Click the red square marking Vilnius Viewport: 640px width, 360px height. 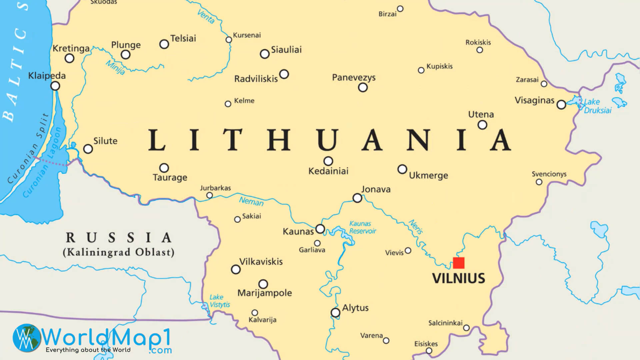(x=459, y=263)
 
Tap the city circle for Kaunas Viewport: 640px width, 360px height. (x=320, y=229)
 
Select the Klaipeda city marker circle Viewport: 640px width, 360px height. (x=55, y=86)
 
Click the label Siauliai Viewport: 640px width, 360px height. (x=286, y=50)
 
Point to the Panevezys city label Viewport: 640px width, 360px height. (x=354, y=77)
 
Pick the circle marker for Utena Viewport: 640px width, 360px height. (x=482, y=125)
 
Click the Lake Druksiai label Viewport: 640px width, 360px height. (x=597, y=106)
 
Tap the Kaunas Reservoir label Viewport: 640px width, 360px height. (x=362, y=227)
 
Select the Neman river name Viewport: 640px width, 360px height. (x=251, y=201)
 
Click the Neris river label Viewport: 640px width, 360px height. (x=416, y=227)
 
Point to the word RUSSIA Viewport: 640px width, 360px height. (x=119, y=238)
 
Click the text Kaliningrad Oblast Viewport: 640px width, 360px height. (x=119, y=252)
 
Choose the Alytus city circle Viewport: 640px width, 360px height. (x=335, y=313)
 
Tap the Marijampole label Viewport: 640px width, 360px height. (x=264, y=293)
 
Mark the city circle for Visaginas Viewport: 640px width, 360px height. (x=561, y=105)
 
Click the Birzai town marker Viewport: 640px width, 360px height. (x=400, y=9)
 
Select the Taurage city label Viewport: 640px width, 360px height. (x=170, y=177)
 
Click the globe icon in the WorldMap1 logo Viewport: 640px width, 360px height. (x=27, y=338)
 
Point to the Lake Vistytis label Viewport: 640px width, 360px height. (x=219, y=301)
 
